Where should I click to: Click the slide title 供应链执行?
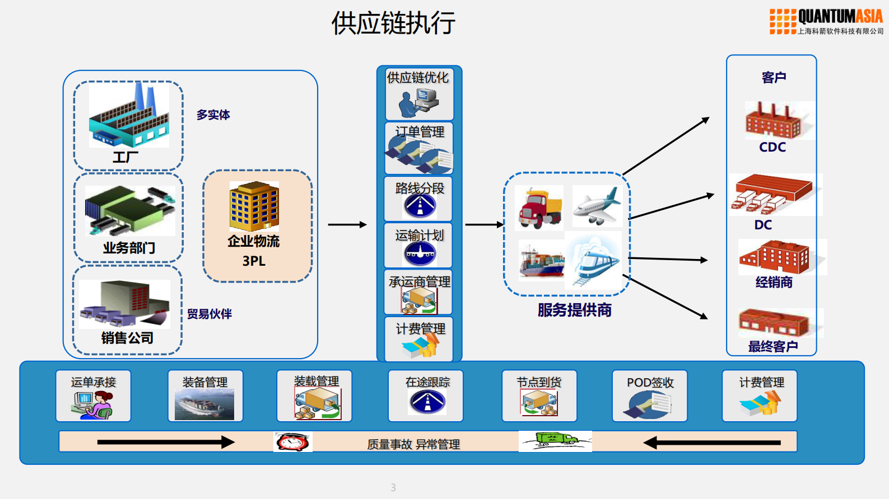(x=393, y=23)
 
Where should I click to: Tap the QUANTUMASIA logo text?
(x=840, y=17)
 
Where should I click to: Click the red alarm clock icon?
(x=292, y=442)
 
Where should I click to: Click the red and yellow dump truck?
(x=539, y=208)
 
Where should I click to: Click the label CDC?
(x=772, y=147)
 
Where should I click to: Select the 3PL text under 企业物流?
(x=254, y=261)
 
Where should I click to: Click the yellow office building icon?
(x=254, y=206)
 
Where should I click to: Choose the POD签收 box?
(x=649, y=396)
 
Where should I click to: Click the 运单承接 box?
(x=94, y=396)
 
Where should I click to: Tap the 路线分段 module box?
(x=418, y=199)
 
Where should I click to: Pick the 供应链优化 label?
(x=418, y=78)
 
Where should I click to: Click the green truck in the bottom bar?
(x=555, y=440)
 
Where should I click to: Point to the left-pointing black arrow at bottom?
(x=711, y=443)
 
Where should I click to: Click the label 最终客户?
(x=773, y=347)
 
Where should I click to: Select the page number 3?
(x=393, y=488)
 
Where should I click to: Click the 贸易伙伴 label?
(x=209, y=314)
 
